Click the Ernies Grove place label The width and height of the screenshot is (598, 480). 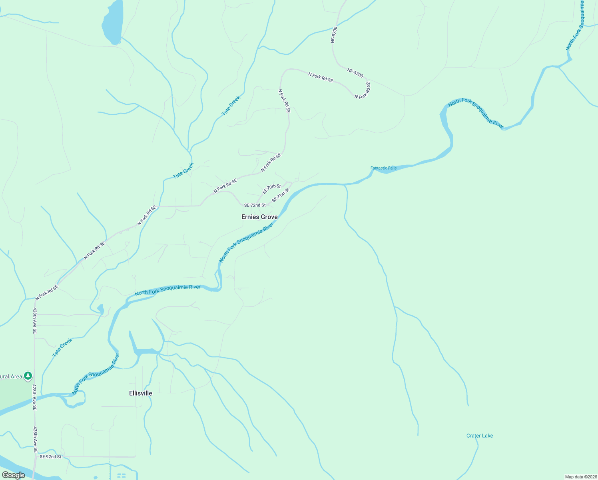tap(259, 217)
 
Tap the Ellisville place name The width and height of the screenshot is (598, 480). tap(141, 393)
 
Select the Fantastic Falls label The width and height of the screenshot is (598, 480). tap(383, 168)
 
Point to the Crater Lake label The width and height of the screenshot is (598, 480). tap(479, 436)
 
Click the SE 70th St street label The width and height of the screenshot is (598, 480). tap(272, 189)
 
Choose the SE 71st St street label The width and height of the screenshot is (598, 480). tap(280, 195)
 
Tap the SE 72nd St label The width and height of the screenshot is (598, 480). tap(255, 205)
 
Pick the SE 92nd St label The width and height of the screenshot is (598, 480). tap(50, 456)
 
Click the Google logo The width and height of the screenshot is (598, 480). tap(13, 475)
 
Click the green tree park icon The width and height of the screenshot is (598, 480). tap(28, 376)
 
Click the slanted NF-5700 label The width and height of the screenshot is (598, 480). tap(355, 73)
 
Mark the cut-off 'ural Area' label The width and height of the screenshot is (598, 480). tap(11, 376)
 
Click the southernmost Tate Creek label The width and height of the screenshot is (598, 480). tap(62, 348)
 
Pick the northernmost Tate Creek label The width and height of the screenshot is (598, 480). tap(231, 106)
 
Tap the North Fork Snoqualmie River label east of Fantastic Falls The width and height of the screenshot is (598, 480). tap(476, 114)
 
